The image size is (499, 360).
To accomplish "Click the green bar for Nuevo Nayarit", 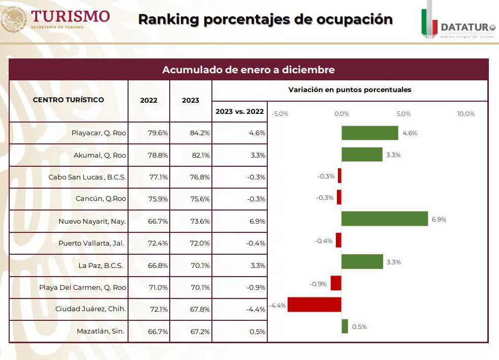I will [385, 219].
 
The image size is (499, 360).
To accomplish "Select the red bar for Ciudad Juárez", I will [315, 305].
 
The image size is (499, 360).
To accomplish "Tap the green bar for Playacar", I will [370, 133].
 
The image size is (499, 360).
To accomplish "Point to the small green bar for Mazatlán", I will [345, 326].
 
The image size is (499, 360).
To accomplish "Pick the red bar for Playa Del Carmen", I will [336, 283].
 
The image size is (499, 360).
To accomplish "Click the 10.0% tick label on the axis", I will [465, 114].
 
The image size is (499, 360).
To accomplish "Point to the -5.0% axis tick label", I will [280, 114].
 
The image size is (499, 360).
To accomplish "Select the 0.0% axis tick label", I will [341, 114].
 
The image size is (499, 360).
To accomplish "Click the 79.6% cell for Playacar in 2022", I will [158, 133].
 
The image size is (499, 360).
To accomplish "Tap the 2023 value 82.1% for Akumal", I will [200, 155].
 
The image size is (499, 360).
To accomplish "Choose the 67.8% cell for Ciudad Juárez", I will [200, 309].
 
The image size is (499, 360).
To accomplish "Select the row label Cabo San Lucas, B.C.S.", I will [87, 177].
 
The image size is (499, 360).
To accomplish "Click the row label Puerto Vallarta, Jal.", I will [91, 243].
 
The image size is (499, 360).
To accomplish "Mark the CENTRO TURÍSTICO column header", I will [68, 100].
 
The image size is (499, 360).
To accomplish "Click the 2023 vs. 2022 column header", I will [239, 111].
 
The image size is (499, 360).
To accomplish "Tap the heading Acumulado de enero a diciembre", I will [248, 70].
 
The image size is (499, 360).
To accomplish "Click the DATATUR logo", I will [458, 25].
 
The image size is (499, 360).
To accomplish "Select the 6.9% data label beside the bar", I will [439, 220].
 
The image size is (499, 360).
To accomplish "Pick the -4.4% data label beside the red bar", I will [278, 306].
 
